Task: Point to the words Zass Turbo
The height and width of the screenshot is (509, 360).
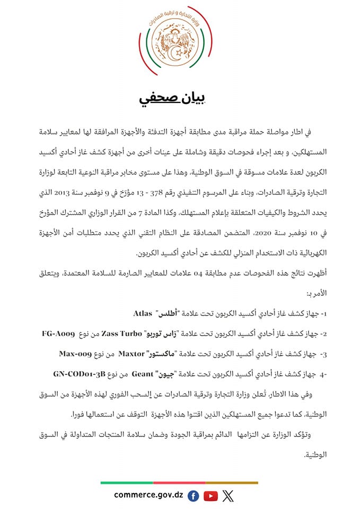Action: coord(133,335)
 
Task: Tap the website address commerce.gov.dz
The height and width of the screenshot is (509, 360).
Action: coord(148,495)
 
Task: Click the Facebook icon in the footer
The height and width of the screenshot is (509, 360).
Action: coord(194,496)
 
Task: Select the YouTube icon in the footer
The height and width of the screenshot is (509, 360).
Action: coord(210,496)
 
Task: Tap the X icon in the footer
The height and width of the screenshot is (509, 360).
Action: coord(228,496)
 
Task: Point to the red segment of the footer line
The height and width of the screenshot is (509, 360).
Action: coord(179,482)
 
